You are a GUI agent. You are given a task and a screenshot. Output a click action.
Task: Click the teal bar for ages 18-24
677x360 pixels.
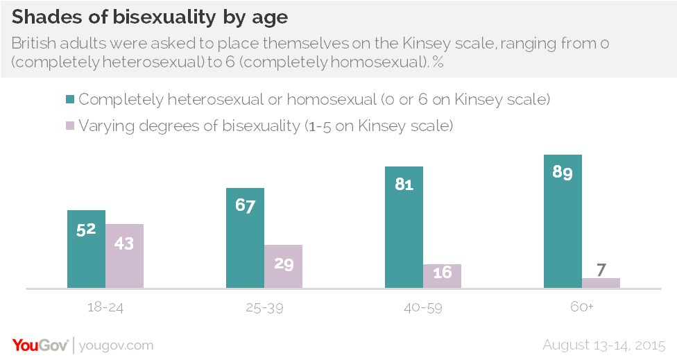point(86,249)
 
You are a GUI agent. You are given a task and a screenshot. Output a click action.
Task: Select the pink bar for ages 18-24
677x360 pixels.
point(124,256)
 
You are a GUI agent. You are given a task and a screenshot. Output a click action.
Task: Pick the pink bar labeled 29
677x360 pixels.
point(283,266)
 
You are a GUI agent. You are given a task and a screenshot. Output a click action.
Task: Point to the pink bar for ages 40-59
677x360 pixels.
point(442,276)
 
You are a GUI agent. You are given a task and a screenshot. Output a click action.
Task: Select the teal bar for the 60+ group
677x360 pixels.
point(563,221)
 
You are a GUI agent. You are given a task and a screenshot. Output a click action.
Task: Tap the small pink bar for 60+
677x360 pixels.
point(601,283)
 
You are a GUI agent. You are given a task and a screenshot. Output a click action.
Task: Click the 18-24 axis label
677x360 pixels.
point(105,306)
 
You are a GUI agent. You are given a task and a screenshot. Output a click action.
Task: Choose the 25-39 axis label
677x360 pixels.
point(264,306)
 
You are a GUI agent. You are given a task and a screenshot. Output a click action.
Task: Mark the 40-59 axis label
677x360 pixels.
point(422,306)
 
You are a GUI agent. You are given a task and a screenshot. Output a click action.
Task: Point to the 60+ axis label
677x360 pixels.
point(581,306)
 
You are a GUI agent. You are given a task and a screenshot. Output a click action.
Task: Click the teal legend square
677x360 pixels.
point(70,100)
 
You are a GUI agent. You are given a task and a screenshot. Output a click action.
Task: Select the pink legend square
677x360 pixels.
point(70,126)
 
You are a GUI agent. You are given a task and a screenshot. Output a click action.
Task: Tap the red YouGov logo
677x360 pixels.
point(40,345)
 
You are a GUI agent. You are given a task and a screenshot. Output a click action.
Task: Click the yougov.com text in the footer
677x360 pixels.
point(117,345)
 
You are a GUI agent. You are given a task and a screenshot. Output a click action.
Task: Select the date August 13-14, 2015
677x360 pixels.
point(604,345)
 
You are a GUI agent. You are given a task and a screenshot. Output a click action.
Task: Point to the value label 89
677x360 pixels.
point(563,173)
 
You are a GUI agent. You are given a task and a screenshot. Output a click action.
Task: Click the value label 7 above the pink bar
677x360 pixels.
point(601,268)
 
